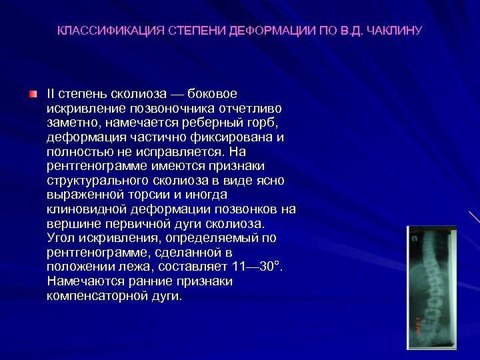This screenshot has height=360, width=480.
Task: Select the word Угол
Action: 62,238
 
